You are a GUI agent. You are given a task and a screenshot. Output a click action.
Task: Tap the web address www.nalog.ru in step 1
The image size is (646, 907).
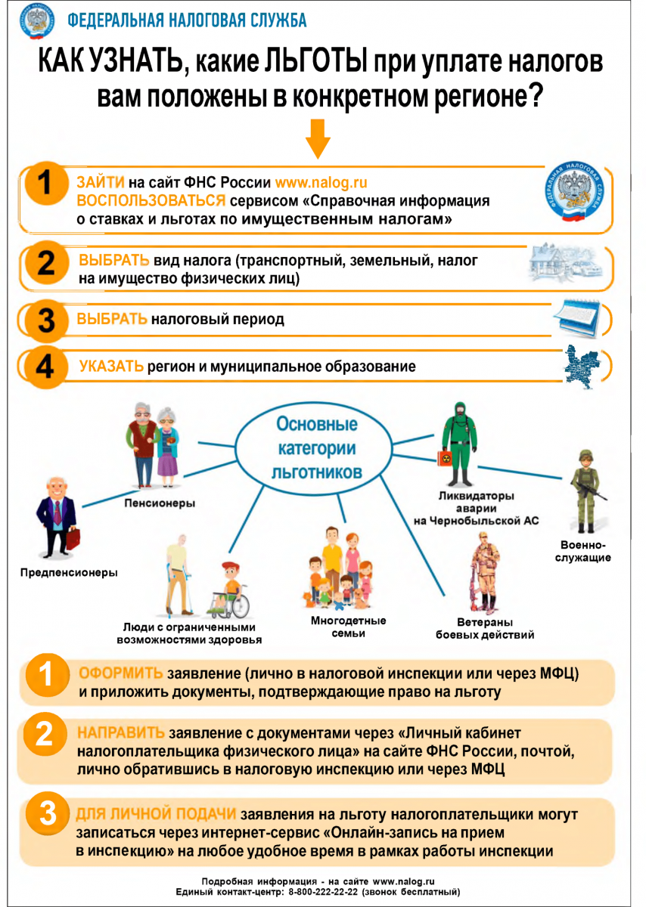click(321, 183)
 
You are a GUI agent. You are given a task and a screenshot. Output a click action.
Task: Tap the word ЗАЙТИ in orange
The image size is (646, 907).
click(101, 183)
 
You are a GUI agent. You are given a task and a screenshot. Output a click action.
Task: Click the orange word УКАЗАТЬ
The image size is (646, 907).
click(111, 367)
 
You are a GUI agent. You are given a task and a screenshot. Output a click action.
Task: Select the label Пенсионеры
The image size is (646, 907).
click(160, 503)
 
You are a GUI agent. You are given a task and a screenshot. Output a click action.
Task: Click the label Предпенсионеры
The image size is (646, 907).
click(68, 572)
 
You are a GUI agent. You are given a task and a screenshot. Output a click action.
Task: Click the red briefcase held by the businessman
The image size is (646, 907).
click(73, 538)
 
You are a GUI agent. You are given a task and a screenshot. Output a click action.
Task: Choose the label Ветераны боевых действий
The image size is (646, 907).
click(485, 628)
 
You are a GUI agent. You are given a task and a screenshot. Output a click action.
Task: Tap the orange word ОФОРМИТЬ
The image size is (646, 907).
click(121, 673)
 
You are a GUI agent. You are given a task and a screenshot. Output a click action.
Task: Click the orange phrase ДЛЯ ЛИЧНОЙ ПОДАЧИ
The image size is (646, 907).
click(157, 815)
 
